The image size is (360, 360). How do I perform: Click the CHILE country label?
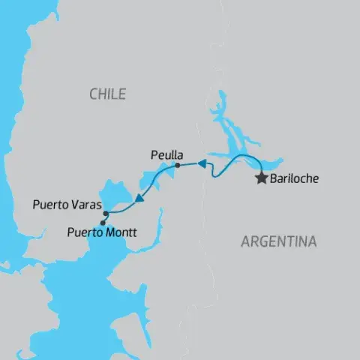coord(106,94)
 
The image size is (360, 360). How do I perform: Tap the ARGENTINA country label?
coord(278,241)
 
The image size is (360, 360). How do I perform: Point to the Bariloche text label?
coord(293,179)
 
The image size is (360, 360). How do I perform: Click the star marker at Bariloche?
coord(261,178)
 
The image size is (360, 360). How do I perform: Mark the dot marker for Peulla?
coord(177,165)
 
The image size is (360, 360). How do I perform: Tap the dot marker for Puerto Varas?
coord(106,214)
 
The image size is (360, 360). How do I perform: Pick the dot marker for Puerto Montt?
coord(103,222)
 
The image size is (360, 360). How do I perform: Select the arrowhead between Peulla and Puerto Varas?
coord(139,199)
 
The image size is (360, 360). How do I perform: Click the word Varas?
coord(85,204)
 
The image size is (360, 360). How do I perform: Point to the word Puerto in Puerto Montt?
coord(85,232)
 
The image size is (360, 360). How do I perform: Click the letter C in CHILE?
coord(92,94)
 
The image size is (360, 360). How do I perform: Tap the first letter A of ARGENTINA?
coord(244,241)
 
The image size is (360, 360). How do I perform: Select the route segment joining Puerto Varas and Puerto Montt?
coord(103,218)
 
